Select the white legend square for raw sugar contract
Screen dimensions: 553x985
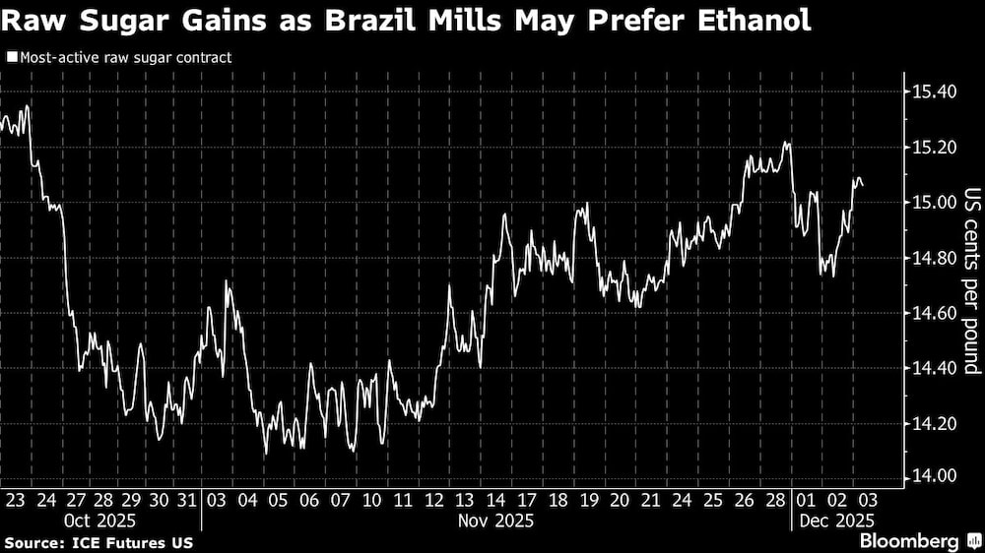(x=11, y=58)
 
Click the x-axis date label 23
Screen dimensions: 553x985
(x=15, y=500)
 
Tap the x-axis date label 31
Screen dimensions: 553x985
(x=186, y=500)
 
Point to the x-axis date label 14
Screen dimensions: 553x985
(x=497, y=500)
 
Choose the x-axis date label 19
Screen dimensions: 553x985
(x=589, y=500)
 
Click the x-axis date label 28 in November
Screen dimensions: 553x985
(x=776, y=500)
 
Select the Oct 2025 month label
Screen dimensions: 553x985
(x=100, y=520)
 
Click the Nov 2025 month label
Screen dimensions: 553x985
(x=497, y=520)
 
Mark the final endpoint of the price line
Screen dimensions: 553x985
(x=864, y=185)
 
